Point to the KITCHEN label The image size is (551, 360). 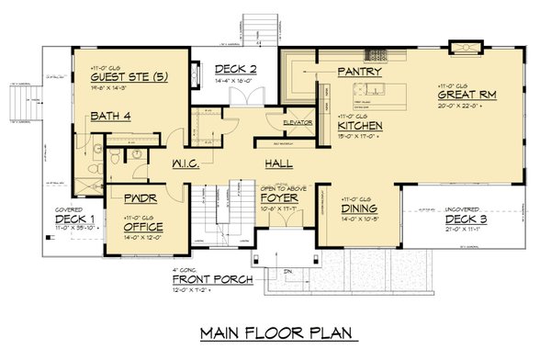click(359, 126)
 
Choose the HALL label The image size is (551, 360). click(278, 162)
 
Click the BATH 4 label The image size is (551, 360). click(110, 116)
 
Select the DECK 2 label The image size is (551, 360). click(235, 70)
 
